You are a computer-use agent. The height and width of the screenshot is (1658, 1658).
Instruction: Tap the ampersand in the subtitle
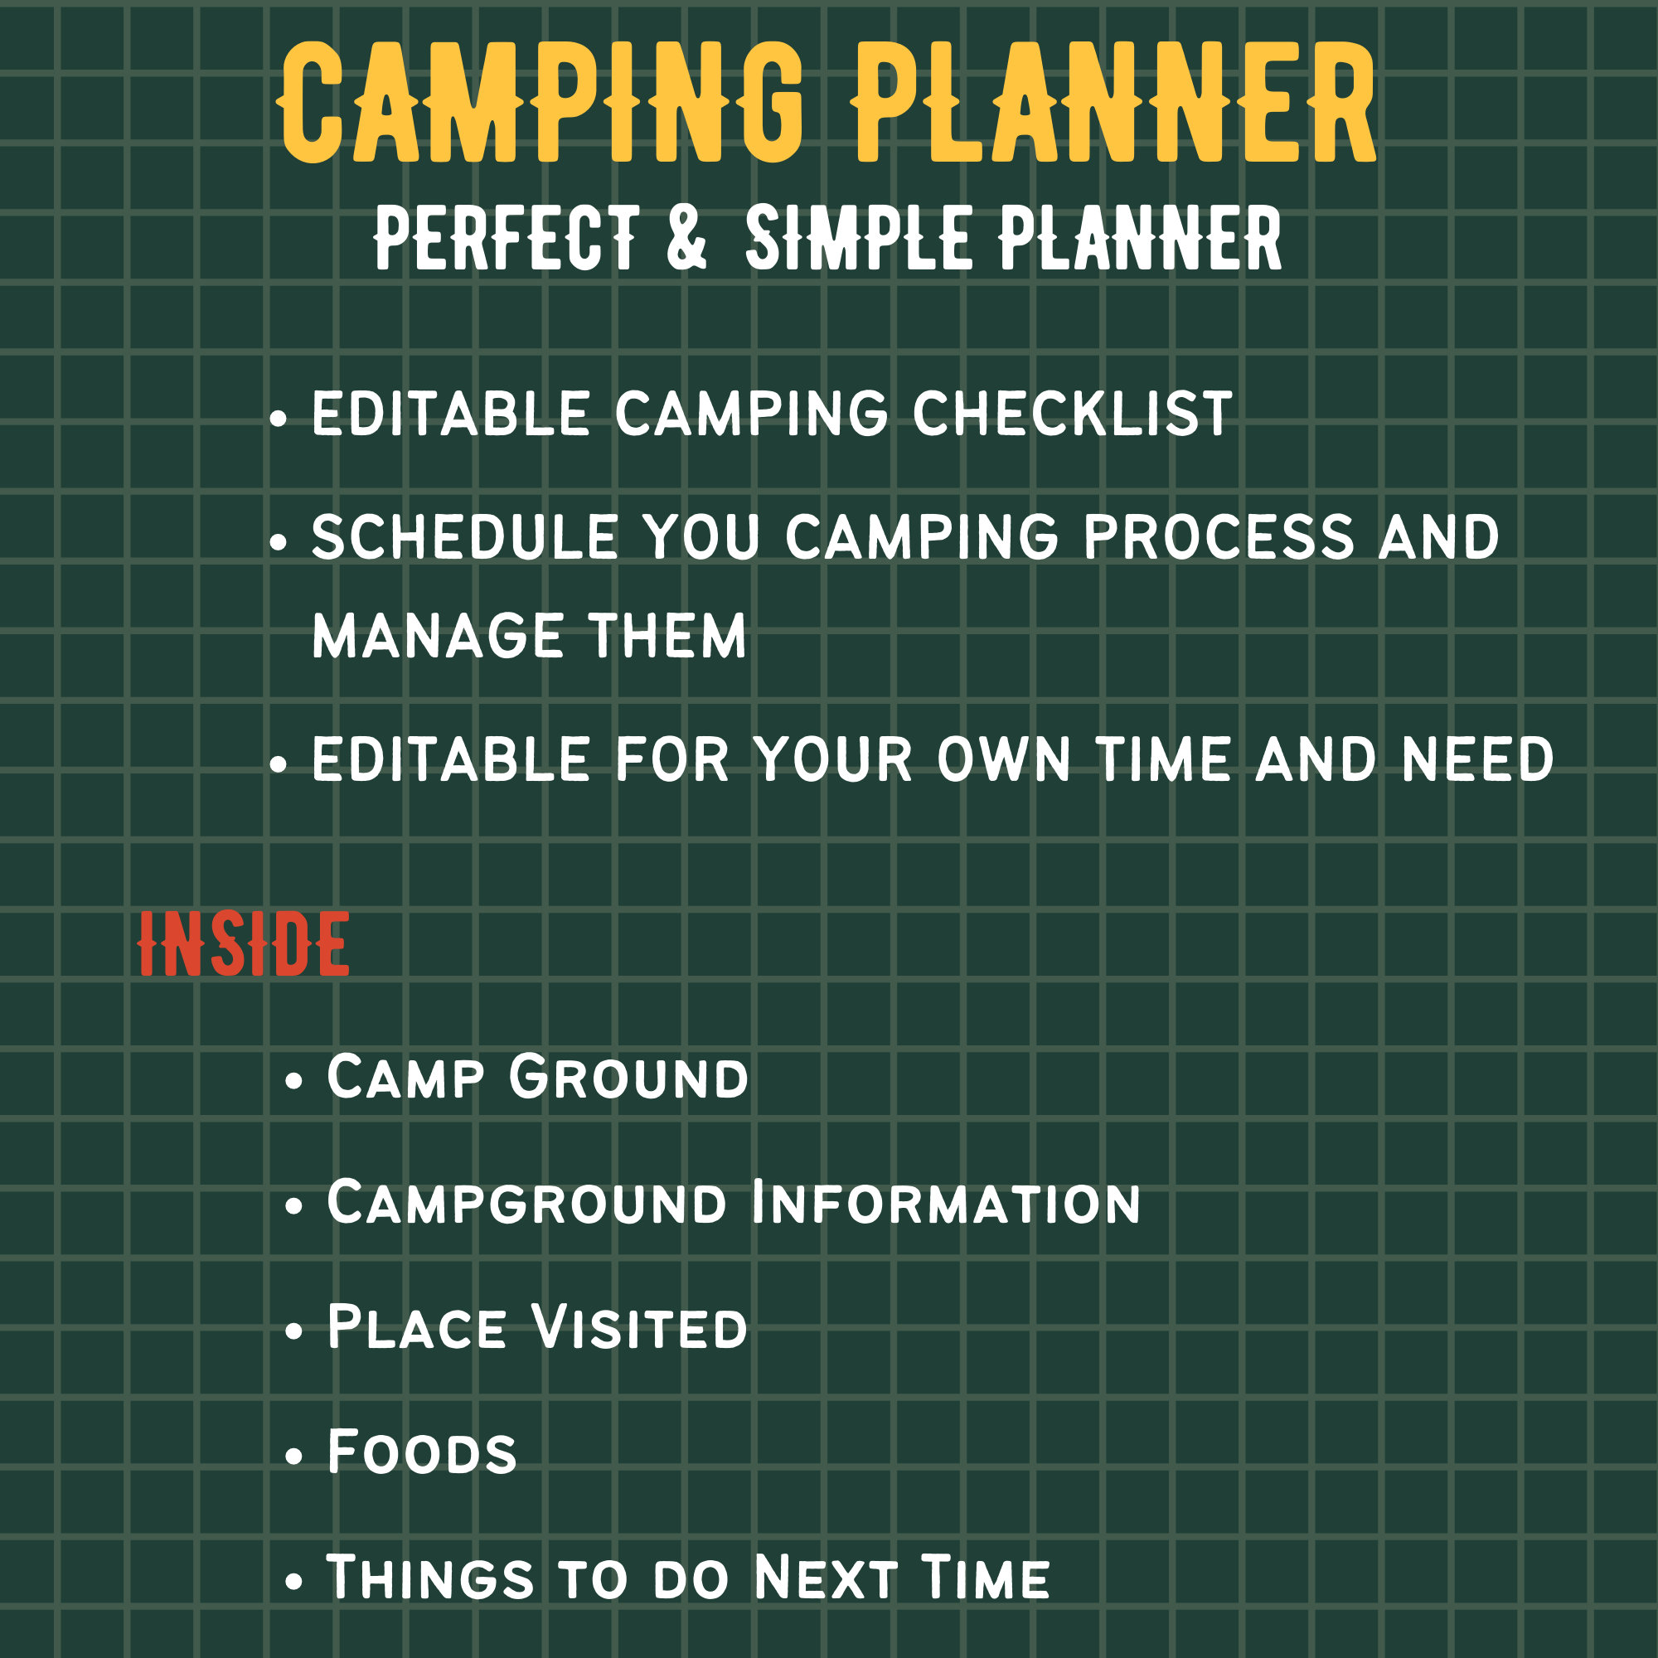tap(686, 238)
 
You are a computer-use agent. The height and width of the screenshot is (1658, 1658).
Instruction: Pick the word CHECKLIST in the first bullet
tap(1073, 414)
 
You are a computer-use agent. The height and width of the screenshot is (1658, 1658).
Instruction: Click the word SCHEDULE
tap(464, 538)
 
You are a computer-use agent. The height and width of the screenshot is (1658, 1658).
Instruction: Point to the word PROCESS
tap(1219, 538)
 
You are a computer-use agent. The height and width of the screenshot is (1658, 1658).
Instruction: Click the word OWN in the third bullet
tap(1003, 760)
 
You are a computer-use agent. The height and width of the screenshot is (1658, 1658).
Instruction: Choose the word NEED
tap(1478, 760)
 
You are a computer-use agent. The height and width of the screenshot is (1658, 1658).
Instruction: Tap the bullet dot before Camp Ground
tap(294, 1080)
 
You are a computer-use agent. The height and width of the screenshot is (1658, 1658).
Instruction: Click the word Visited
tap(639, 1327)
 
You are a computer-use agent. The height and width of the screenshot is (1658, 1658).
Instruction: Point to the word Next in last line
tap(826, 1578)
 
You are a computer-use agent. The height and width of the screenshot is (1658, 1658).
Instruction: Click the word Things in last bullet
tap(430, 1578)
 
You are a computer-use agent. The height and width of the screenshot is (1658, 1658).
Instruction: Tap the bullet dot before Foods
tap(294, 1457)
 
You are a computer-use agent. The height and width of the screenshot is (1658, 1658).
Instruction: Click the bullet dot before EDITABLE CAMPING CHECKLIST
tap(277, 419)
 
